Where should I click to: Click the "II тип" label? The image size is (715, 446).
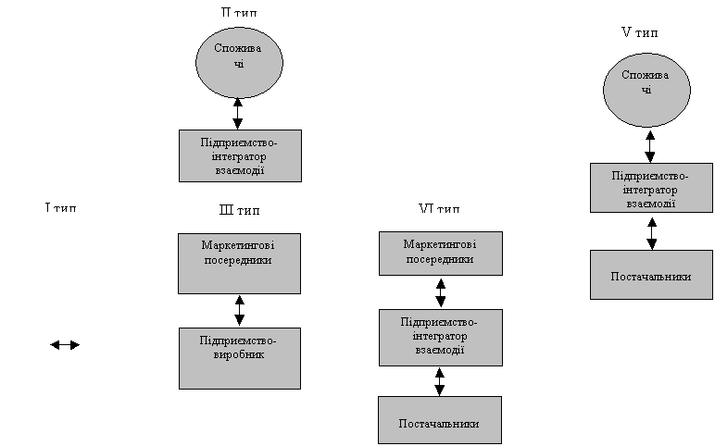[239, 12]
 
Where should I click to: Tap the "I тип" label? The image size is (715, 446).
[60, 206]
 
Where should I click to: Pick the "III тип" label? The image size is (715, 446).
[239, 210]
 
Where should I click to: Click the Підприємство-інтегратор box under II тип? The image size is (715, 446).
[239, 155]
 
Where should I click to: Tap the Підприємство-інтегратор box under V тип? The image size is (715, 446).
[651, 188]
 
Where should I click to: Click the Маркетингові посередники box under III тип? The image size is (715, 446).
[239, 262]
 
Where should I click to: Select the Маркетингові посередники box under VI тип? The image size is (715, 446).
[440, 254]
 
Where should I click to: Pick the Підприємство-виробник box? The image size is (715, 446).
[239, 357]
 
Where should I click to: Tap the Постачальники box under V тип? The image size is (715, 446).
[651, 275]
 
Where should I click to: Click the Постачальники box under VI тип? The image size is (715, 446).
[439, 421]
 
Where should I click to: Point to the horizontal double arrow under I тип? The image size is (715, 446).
[65, 345]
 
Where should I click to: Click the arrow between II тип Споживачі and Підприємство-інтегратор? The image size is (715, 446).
[239, 113]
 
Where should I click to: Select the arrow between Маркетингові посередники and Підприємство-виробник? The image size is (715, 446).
[240, 310]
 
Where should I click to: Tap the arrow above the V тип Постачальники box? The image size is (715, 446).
[652, 232]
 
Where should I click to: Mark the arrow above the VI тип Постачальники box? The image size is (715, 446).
[440, 381]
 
